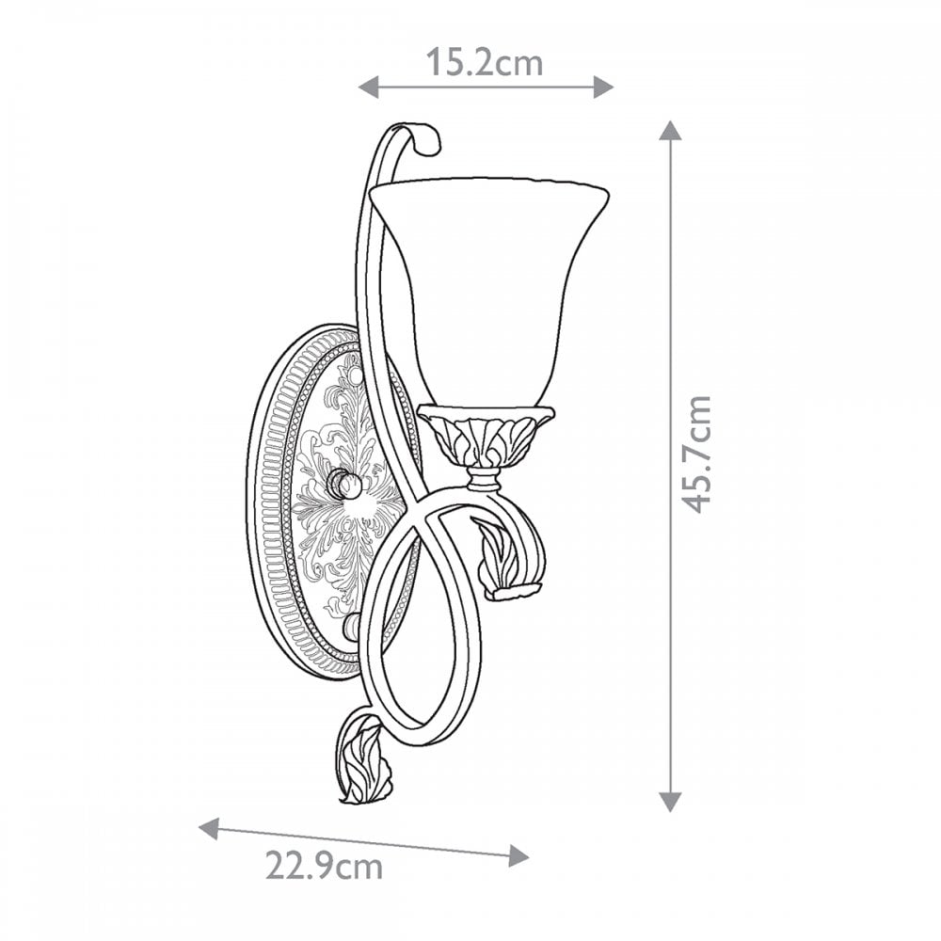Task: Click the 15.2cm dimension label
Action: click(x=485, y=62)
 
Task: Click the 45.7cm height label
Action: click(x=697, y=455)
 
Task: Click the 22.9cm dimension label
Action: click(x=324, y=866)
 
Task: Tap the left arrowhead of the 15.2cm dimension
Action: click(x=369, y=87)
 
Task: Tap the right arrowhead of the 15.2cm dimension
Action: click(x=604, y=87)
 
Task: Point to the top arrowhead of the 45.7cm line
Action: click(x=670, y=130)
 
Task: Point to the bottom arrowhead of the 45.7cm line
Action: click(x=670, y=801)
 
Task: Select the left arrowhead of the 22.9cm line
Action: click(x=209, y=829)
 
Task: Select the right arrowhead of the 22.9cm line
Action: click(x=519, y=855)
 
